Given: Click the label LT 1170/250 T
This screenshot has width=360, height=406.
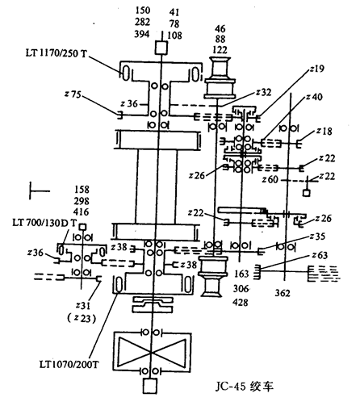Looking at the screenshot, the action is (57, 53).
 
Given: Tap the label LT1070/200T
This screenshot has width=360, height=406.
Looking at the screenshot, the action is (69, 365).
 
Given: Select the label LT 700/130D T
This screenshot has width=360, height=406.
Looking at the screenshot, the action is (45, 223).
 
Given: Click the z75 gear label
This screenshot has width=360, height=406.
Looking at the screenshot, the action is (73, 94).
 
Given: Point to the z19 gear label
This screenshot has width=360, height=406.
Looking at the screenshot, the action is (316, 69).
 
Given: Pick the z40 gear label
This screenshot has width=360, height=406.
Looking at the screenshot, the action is (314, 97).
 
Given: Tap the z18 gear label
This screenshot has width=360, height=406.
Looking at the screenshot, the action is (324, 131).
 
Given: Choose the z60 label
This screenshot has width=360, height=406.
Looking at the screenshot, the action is (270, 179).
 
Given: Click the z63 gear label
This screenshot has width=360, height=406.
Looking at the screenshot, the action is (320, 255).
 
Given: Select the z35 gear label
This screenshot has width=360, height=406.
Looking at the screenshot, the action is (317, 236).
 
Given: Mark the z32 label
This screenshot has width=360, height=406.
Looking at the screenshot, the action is (263, 92).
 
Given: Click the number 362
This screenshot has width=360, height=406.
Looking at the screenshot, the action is (283, 293).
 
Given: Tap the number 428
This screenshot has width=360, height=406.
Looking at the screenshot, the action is (241, 303).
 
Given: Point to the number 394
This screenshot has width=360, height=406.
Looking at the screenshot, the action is (142, 34).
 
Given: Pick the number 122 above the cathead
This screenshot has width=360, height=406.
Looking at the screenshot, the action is (220, 50).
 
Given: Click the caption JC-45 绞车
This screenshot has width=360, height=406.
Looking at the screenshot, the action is (244, 387).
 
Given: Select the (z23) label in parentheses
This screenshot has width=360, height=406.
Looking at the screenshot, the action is (82, 319).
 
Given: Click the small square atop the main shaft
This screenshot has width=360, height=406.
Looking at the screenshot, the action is (161, 48).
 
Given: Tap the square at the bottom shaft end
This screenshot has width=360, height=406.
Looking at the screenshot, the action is (150, 386).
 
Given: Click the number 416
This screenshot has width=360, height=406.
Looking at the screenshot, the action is (81, 211).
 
